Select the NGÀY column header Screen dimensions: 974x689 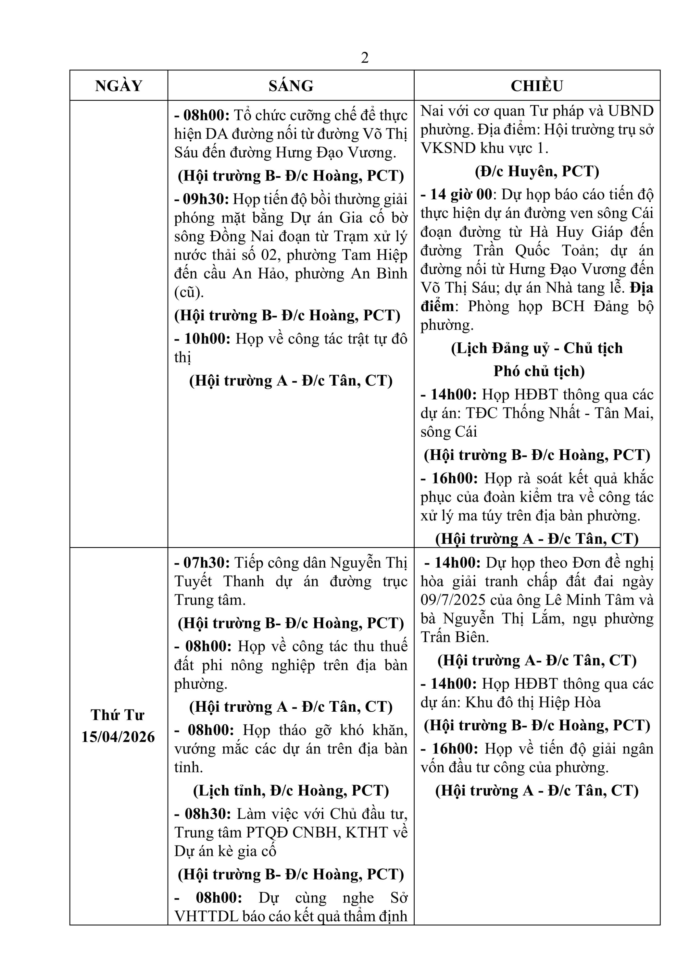click(119, 86)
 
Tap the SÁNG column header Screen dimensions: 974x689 click(291, 86)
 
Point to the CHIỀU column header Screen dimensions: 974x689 click(537, 86)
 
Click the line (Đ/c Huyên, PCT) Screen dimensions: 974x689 click(537, 171)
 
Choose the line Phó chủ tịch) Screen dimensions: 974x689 click(539, 371)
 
